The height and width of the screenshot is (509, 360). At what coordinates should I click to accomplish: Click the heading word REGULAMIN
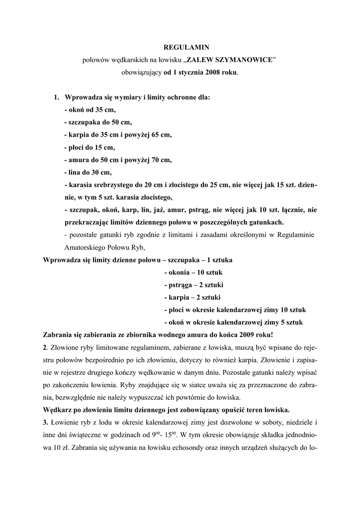point(180,47)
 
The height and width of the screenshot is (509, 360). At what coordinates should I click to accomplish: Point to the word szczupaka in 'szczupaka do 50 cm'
point(85,122)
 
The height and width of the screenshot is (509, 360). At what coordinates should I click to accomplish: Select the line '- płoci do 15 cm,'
point(90,147)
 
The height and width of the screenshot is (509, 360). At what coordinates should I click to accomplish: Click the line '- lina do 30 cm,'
point(89,172)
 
